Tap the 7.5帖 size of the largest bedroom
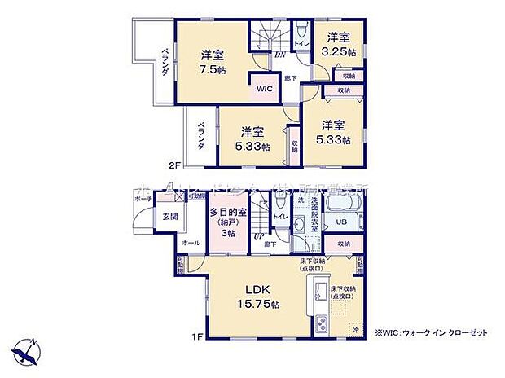click(x=213, y=70)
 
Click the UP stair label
click(x=259, y=235)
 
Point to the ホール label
click(x=191, y=243)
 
